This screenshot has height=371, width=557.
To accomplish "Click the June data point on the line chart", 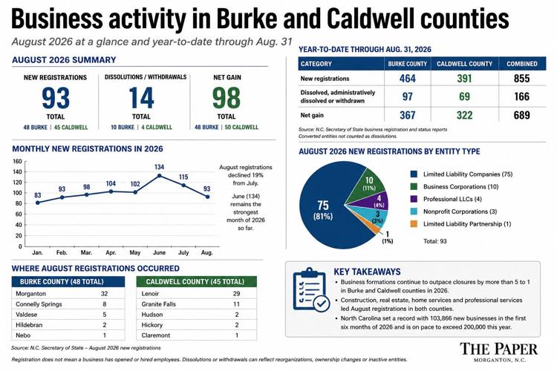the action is [159, 176].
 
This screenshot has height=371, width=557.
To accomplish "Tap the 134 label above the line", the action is [159, 167].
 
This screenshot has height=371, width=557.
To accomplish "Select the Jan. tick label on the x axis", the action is [37, 253].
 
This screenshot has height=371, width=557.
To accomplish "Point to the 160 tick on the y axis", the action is [18, 161].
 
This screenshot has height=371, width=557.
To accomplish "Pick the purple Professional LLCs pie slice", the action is [377, 200].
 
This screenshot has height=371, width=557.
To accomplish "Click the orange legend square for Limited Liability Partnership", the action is [414, 224].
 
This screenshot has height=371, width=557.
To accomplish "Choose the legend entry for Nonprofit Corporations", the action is [454, 211].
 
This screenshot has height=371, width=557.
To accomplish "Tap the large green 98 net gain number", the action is [227, 98].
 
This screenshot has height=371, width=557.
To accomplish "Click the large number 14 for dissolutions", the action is [141, 98].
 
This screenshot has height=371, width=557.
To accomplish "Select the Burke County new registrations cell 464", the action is [408, 79].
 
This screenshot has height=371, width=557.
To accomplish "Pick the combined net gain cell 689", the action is [521, 115].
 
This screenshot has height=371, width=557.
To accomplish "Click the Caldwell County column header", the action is [465, 64].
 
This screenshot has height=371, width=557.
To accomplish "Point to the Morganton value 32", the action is [104, 294].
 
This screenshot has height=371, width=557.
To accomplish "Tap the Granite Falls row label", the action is [158, 304].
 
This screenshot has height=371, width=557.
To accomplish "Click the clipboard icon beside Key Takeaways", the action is [310, 289].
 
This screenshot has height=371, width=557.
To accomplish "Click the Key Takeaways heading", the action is [367, 272].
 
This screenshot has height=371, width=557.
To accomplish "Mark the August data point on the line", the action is [207, 197].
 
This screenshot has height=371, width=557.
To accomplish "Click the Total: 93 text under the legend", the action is [434, 241].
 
